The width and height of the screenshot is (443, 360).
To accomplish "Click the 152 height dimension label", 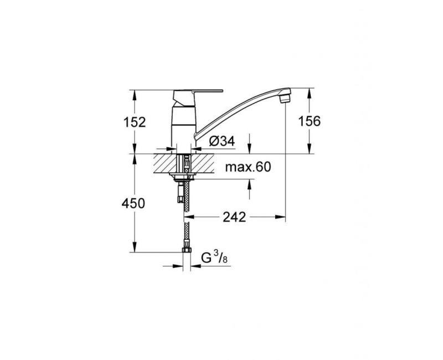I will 135,122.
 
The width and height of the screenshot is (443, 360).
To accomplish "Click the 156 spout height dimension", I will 309,122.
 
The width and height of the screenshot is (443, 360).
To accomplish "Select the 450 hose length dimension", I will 134,203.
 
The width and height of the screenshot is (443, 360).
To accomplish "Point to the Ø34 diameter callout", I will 222,142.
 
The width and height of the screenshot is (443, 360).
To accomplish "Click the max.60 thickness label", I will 249,168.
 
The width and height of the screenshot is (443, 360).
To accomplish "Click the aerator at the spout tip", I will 285,97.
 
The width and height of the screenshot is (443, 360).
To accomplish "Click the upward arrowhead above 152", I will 135,92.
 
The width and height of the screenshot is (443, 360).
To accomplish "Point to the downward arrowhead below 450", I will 135,248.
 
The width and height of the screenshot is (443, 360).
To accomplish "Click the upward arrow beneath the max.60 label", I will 249,183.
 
